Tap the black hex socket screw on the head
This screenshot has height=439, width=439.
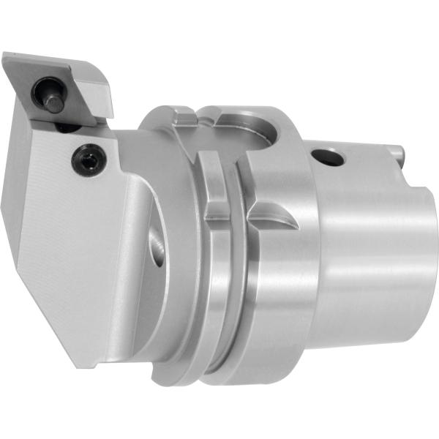click(87, 159)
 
